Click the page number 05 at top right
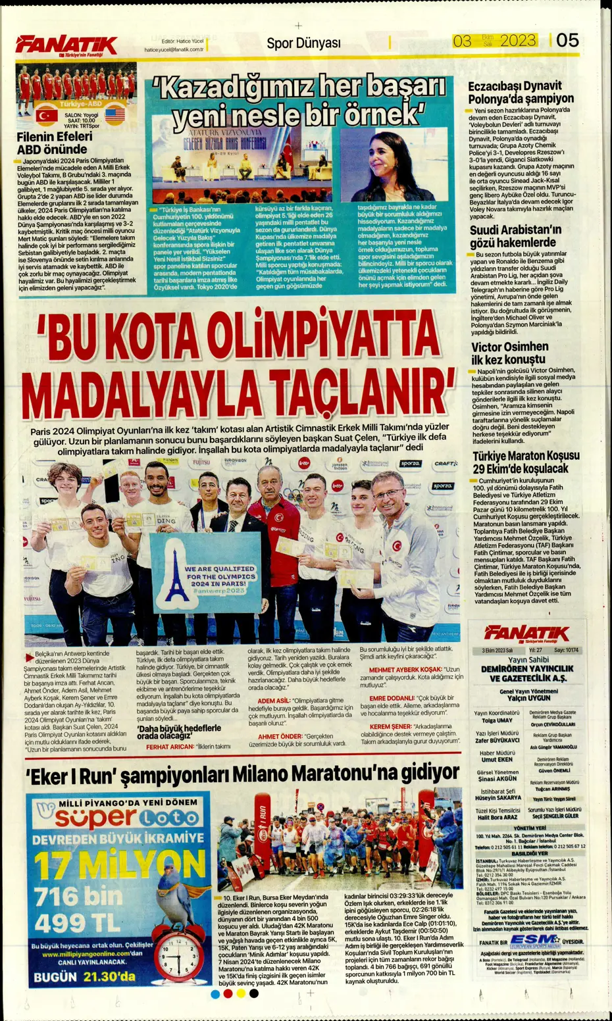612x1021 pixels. tap(567, 41)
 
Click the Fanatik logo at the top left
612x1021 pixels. tap(66, 45)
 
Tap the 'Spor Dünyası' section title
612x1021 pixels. tap(303, 43)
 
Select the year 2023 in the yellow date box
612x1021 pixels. tap(517, 41)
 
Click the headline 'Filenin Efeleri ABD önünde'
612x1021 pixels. tap(55, 143)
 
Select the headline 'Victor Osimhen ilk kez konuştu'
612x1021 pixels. tap(509, 353)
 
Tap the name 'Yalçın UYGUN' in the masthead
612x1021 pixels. tap(529, 698)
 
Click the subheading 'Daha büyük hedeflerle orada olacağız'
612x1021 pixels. tap(178, 732)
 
